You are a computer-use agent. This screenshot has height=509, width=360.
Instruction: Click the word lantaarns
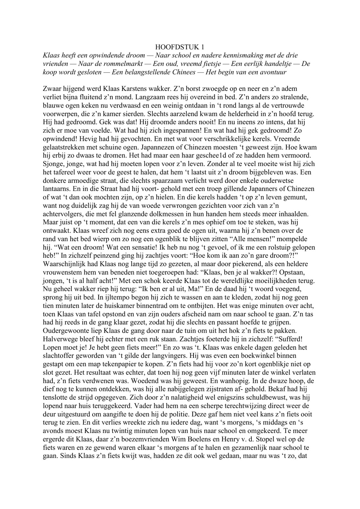55,189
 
